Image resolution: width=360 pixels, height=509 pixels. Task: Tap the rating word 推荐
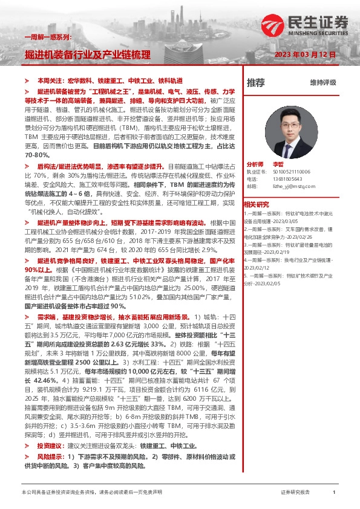tap(256, 82)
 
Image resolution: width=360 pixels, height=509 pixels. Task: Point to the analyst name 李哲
tap(278, 164)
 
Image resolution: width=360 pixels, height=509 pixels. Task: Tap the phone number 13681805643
tap(286, 179)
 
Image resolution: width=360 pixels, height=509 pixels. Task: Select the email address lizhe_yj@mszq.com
tap(290, 186)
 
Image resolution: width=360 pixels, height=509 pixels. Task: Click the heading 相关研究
tap(256, 204)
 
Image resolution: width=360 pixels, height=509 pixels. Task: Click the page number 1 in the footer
tap(334, 493)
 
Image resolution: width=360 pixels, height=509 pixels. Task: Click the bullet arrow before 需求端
tap(27, 317)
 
